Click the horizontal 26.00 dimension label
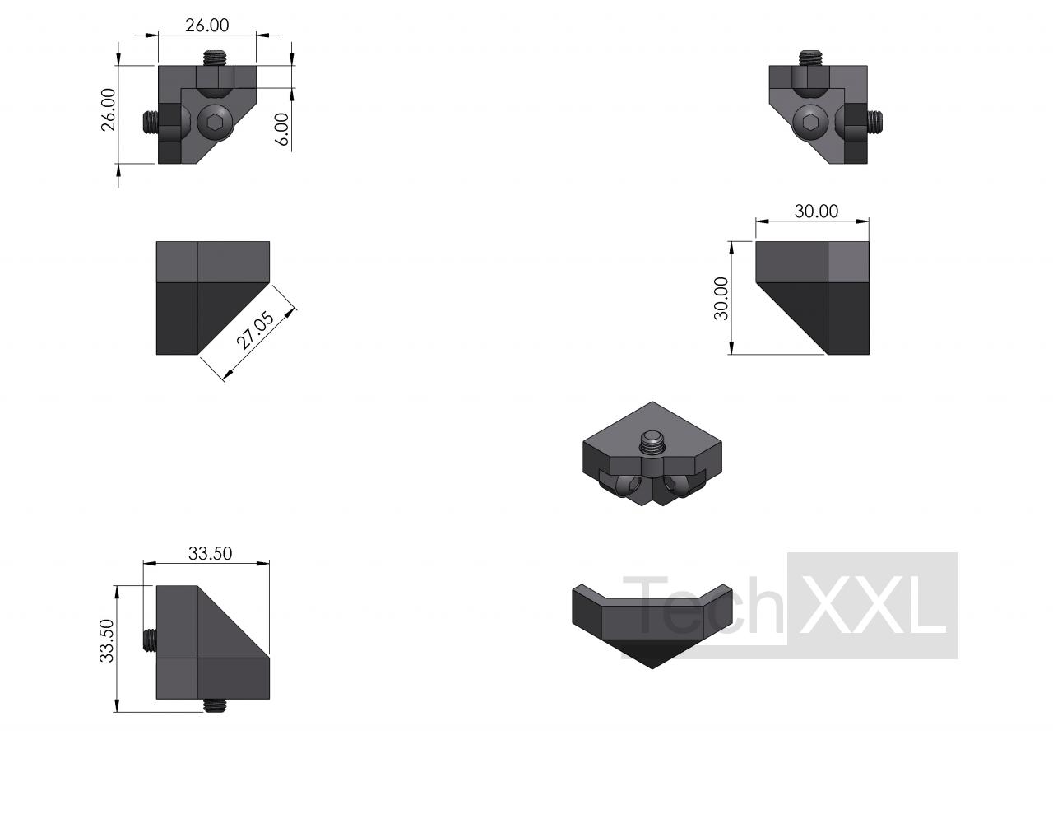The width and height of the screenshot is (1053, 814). tap(207, 26)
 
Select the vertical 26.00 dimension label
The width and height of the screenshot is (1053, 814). tap(109, 109)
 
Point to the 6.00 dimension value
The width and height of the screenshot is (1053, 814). tap(281, 129)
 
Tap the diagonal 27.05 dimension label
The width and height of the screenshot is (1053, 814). tap(255, 330)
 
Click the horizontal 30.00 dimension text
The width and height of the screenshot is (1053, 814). tap(816, 212)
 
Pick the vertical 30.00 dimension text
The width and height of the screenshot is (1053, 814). tap(721, 299)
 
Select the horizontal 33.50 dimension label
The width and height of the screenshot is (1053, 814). tap(210, 553)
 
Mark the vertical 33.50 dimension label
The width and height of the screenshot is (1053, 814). tap(107, 641)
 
